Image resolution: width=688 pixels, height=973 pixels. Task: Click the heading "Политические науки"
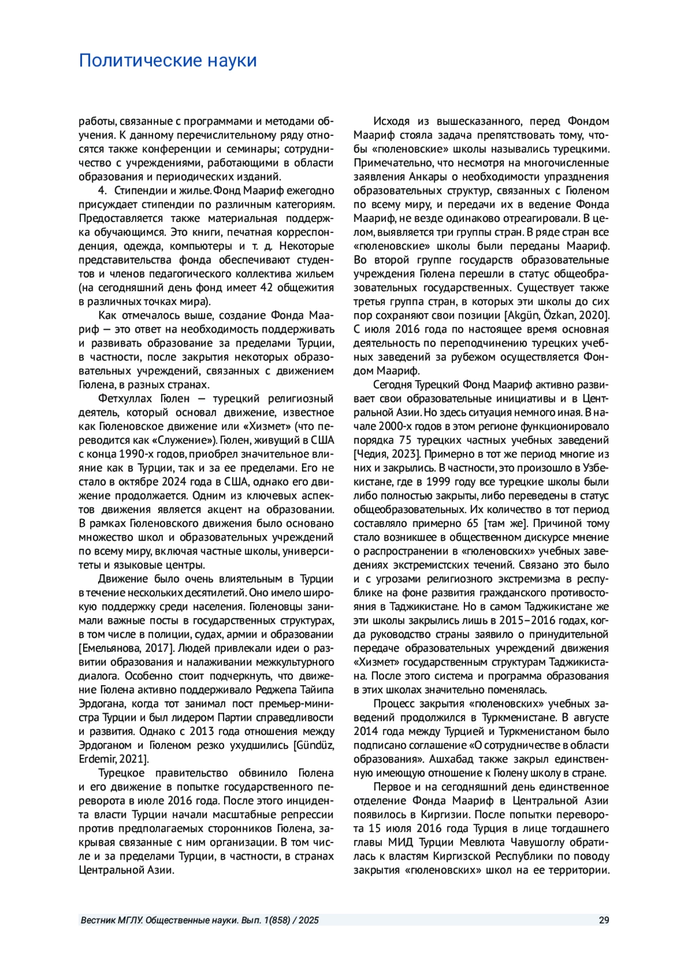[167, 60]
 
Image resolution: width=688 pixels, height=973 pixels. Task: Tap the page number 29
[604, 920]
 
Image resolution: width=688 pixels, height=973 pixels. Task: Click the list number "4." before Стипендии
[103, 190]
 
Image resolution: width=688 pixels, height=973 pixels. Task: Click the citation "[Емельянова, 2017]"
[126, 648]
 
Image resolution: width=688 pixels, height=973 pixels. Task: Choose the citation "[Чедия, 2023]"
[387, 454]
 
